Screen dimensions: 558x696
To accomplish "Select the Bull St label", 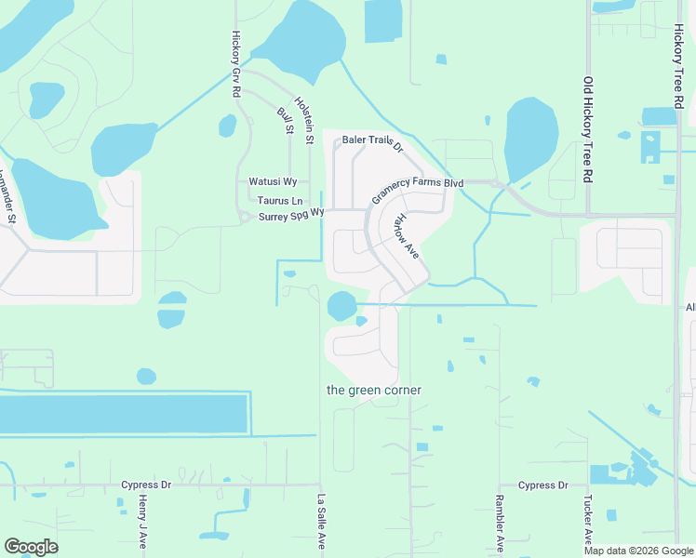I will (285, 122).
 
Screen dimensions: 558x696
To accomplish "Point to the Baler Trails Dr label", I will (372, 140).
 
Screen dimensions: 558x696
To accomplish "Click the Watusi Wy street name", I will (273, 181).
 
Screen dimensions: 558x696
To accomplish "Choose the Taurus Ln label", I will (281, 201).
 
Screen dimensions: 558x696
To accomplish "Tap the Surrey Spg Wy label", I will (291, 215).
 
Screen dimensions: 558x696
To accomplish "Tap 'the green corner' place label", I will (374, 391).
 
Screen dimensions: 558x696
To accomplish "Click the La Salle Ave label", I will (322, 521).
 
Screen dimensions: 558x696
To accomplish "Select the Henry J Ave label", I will (143, 521).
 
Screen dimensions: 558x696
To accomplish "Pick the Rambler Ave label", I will (500, 524).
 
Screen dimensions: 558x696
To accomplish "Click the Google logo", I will (31, 547).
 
